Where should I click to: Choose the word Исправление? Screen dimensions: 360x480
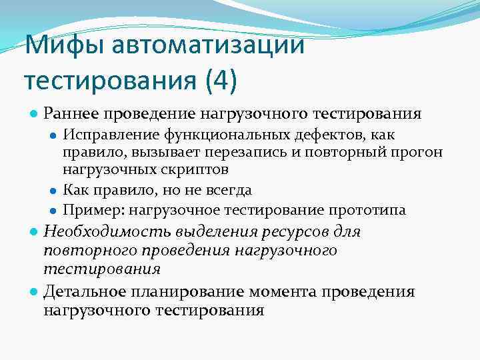[104, 136]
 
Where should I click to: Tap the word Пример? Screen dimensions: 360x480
[90, 211]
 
